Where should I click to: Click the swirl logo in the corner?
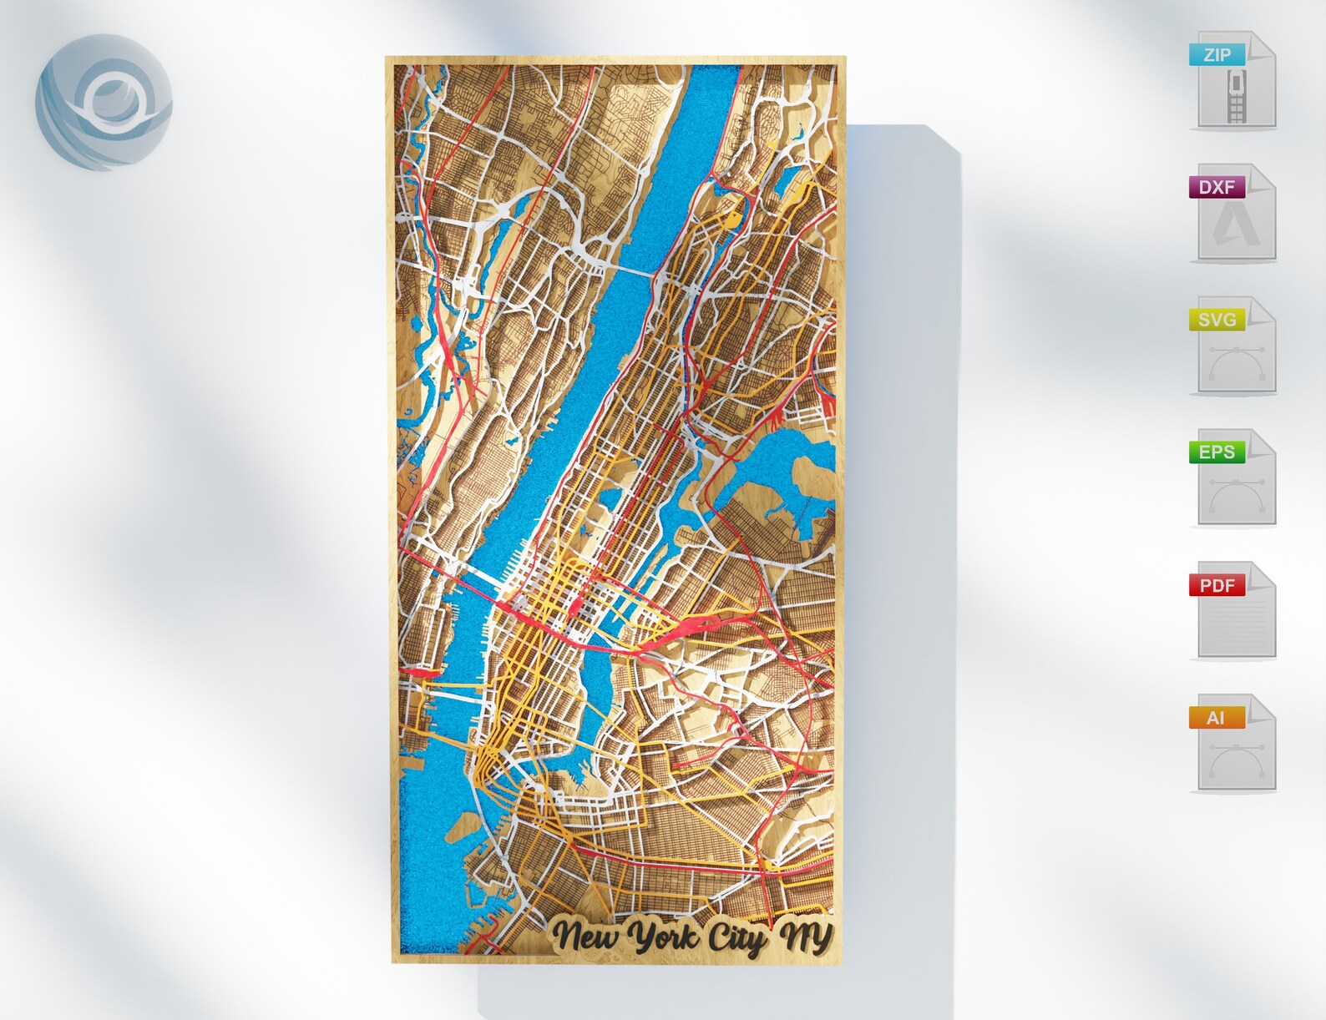pyautogui.click(x=104, y=102)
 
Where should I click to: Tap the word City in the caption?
pyautogui.click(x=736, y=938)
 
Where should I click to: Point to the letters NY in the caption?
pyautogui.click(x=805, y=937)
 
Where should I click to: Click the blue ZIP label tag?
pyautogui.click(x=1217, y=55)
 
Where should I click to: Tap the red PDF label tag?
pyautogui.click(x=1217, y=585)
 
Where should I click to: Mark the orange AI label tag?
pyautogui.click(x=1217, y=718)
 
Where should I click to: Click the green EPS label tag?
pyautogui.click(x=1217, y=452)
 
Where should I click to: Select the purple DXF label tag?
pyautogui.click(x=1217, y=187)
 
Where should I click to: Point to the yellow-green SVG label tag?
pyautogui.click(x=1217, y=320)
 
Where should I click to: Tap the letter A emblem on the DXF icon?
pyautogui.click(x=1237, y=226)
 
